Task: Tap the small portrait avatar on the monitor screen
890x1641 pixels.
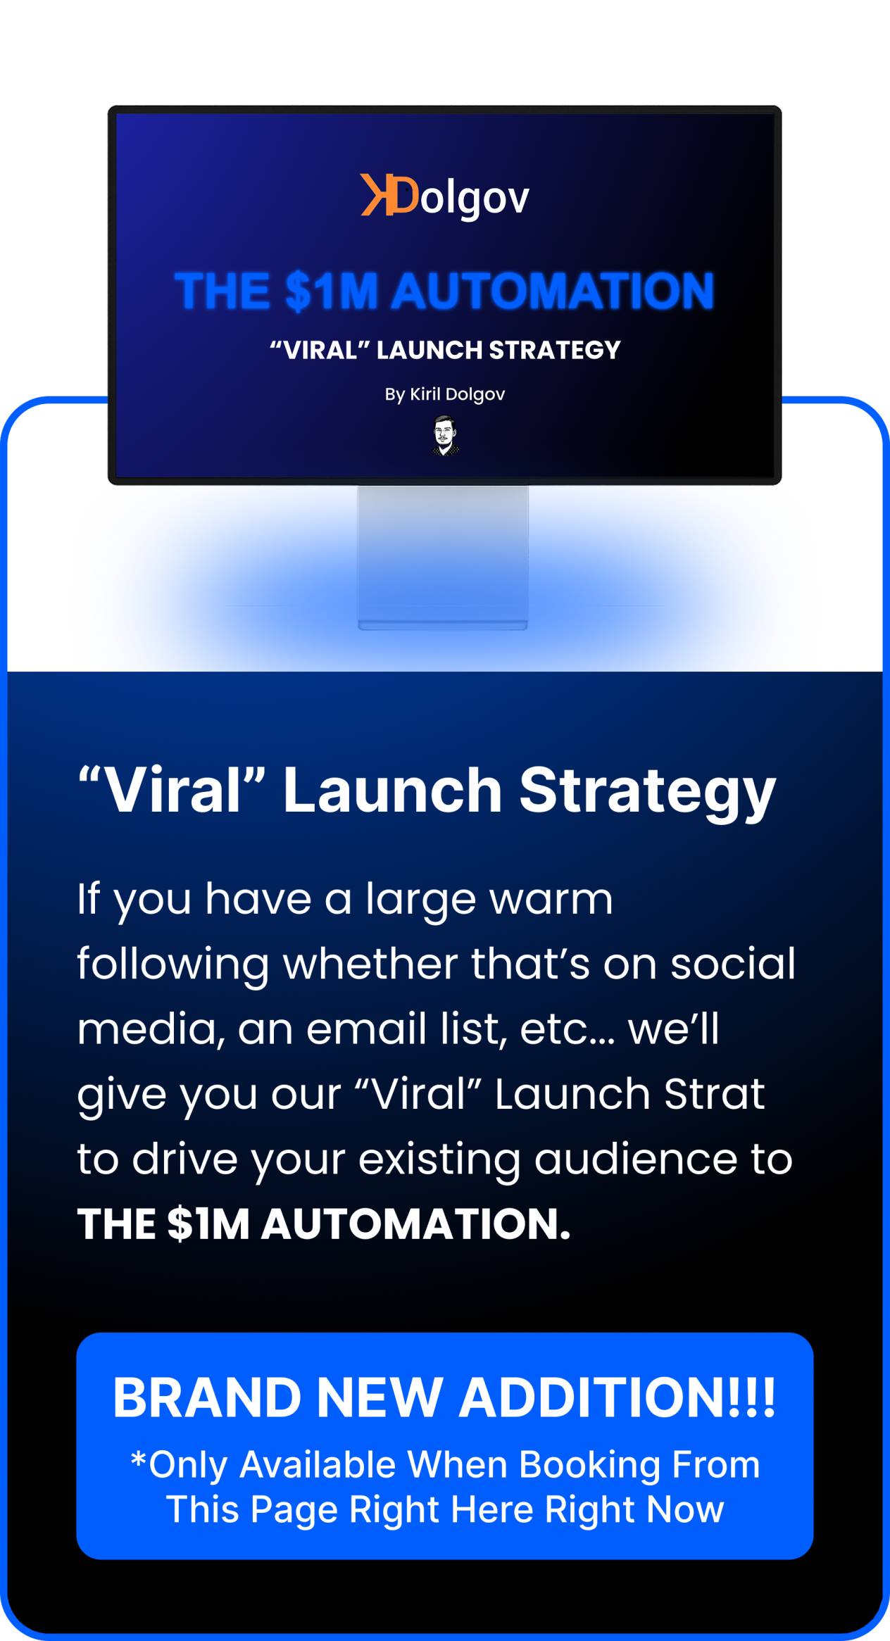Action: pos(445,436)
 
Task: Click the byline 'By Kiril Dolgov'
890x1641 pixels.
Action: pos(445,395)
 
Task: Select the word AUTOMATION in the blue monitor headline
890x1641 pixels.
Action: pos(553,291)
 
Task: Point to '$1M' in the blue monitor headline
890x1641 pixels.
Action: pos(332,291)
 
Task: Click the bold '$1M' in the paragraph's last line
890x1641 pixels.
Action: pos(209,1224)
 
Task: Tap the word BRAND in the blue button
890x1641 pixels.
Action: pos(207,1397)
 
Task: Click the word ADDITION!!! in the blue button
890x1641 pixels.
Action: pos(618,1397)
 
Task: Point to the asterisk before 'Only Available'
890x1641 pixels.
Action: pos(138,1459)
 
